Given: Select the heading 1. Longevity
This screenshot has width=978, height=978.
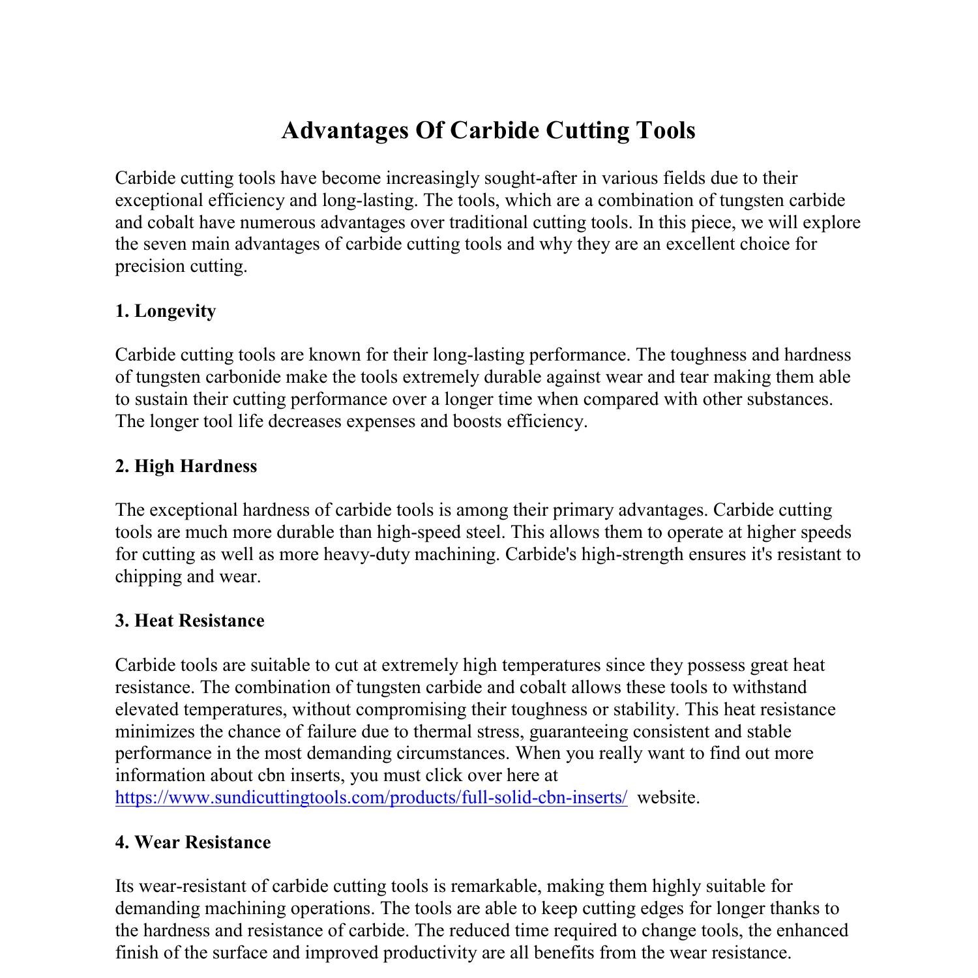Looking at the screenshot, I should click(166, 311).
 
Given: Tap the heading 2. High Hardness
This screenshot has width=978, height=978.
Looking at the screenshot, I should click(186, 466).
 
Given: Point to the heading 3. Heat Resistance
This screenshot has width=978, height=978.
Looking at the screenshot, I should click(190, 621).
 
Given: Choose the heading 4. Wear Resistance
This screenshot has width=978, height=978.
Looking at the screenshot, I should click(193, 842).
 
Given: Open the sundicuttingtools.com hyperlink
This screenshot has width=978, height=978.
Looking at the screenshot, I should click(372, 797).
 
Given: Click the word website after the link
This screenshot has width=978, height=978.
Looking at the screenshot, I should click(668, 797).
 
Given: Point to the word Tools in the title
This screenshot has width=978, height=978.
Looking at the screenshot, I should click(665, 130).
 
